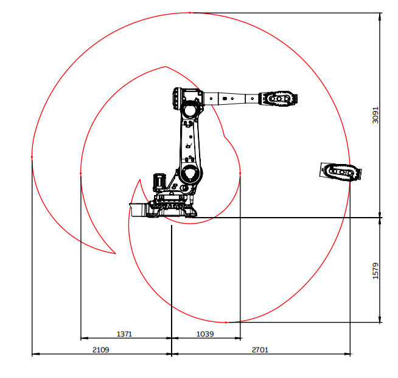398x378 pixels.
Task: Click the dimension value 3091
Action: pos(375,115)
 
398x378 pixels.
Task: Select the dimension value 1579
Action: pos(375,271)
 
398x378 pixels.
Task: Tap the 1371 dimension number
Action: pos(124,333)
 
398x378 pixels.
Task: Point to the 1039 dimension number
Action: pos(205,333)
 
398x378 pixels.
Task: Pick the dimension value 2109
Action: pos(101,350)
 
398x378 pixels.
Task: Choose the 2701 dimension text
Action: pos(260,350)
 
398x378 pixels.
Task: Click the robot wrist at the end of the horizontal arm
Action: pos(278,98)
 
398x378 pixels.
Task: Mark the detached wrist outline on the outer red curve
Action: pos(341,172)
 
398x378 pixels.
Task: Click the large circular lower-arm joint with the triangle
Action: pos(190,173)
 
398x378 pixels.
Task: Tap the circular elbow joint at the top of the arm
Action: pos(190,110)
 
